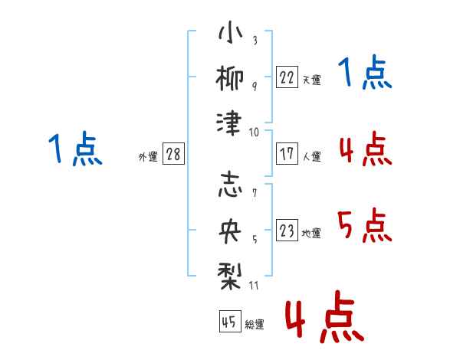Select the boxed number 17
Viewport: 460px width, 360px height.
[287, 153]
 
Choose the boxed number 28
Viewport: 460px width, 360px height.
[174, 154]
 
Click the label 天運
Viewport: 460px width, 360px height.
[311, 80]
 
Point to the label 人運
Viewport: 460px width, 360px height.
[311, 156]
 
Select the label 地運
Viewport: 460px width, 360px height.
[311, 234]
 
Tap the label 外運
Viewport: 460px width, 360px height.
[148, 156]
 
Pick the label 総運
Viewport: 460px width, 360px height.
[254, 325]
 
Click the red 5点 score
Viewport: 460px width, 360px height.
[365, 227]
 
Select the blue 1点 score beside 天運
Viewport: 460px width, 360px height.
[365, 74]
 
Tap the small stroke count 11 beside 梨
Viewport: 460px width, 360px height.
[255, 286]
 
